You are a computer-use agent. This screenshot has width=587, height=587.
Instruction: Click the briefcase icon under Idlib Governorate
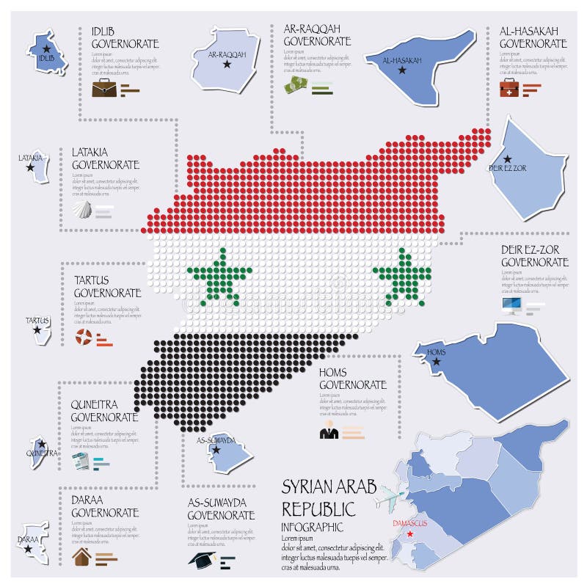[x=103, y=90]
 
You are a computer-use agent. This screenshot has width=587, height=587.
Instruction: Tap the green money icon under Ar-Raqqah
[x=296, y=86]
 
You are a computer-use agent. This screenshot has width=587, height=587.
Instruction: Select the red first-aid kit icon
[x=509, y=89]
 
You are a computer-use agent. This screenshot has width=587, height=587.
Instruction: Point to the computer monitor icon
[x=511, y=305]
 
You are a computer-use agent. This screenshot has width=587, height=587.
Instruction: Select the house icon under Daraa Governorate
[x=82, y=557]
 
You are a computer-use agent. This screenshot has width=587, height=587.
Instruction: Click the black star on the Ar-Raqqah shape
[x=226, y=65]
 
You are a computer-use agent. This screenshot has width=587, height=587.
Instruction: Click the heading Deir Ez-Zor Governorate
[x=534, y=255]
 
